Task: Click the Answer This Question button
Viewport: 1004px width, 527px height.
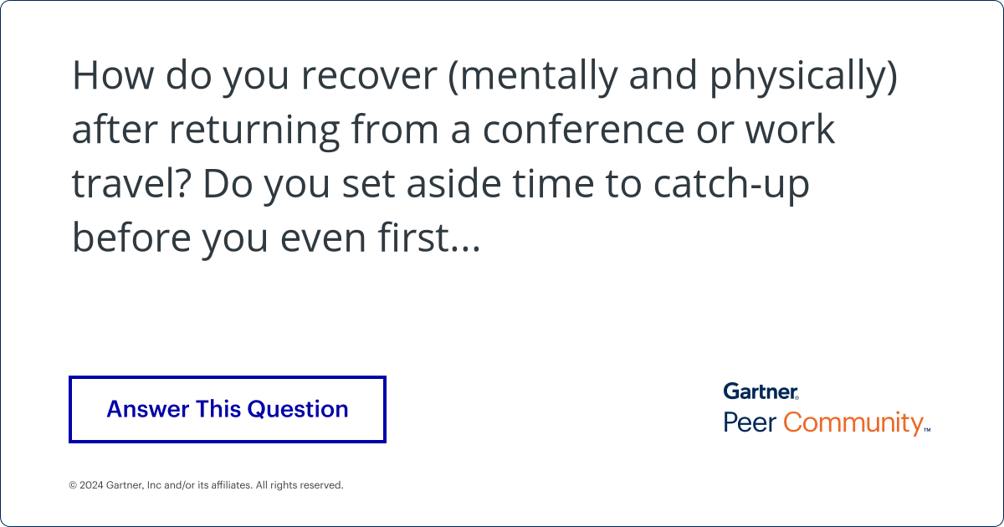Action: (227, 409)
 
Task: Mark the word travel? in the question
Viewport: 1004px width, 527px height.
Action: (130, 183)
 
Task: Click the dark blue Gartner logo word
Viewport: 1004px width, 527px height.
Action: (761, 391)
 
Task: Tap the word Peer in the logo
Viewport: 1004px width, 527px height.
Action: (750, 422)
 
